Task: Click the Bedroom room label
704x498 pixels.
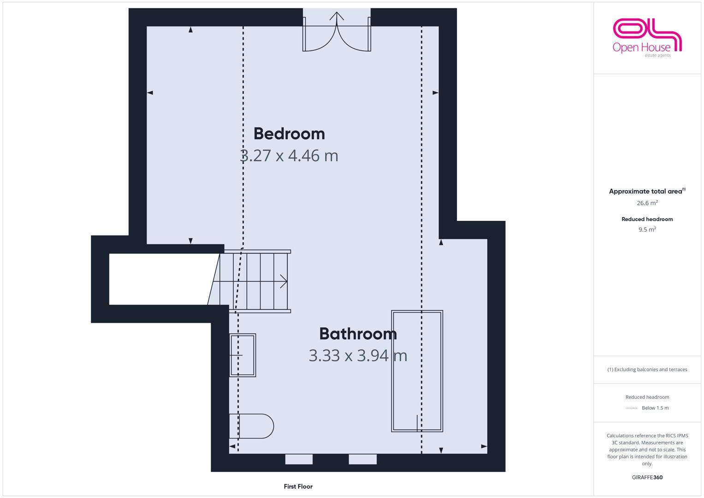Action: click(x=289, y=134)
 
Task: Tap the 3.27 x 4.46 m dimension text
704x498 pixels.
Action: click(x=289, y=156)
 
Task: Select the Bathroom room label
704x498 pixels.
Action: click(x=358, y=333)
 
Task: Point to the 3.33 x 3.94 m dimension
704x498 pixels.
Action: click(x=358, y=356)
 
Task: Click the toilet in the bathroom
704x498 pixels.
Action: click(x=251, y=426)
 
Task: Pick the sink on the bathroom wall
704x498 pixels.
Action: click(x=243, y=355)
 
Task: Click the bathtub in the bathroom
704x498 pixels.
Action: click(x=417, y=371)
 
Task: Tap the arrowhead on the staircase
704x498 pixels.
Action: click(x=284, y=281)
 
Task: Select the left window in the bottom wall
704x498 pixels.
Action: click(x=299, y=459)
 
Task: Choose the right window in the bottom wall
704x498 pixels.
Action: click(x=363, y=459)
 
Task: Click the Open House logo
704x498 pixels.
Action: click(x=647, y=38)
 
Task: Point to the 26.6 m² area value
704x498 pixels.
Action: click(x=647, y=203)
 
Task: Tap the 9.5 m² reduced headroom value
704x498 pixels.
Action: click(x=647, y=229)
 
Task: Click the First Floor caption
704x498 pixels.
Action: click(x=298, y=486)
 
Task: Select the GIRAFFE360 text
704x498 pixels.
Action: click(x=647, y=477)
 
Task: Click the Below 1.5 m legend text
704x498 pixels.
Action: click(x=655, y=408)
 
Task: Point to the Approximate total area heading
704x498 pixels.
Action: click(x=647, y=191)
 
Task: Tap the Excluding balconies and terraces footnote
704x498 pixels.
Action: click(x=647, y=369)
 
